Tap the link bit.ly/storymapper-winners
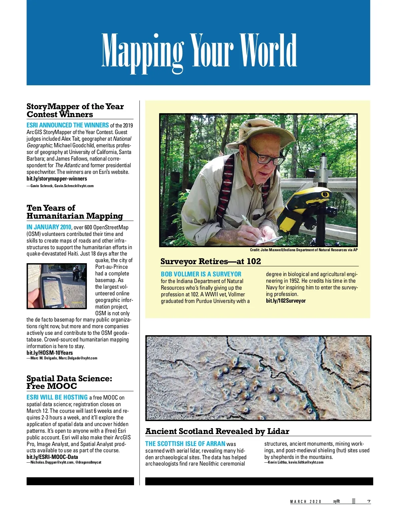click(x=57, y=179)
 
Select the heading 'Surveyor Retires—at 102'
click(x=211, y=261)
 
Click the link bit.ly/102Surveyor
click(x=286, y=301)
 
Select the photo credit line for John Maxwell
click(x=303, y=250)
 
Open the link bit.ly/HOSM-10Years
click(x=49, y=353)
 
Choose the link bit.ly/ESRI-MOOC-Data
click(x=52, y=457)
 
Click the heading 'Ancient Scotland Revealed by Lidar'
click(x=217, y=431)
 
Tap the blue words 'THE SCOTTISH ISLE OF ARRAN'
click(x=185, y=444)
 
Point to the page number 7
click(x=369, y=501)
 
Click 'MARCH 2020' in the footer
click(x=305, y=502)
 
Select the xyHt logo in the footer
click(x=336, y=501)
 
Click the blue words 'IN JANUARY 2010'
click(x=49, y=227)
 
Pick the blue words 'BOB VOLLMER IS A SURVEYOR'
click(x=201, y=274)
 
